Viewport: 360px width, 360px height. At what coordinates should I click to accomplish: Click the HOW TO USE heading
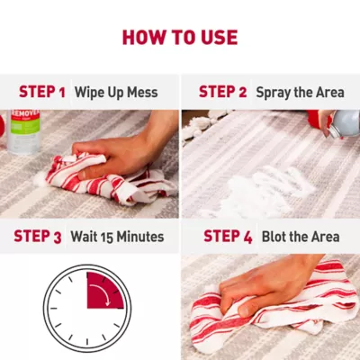pyautogui.click(x=180, y=38)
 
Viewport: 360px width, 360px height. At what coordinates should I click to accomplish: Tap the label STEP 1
pyautogui.click(x=42, y=92)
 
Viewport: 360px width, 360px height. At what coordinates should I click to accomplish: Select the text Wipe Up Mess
pyautogui.click(x=116, y=93)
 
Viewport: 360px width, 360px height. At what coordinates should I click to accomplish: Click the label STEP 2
pyautogui.click(x=222, y=92)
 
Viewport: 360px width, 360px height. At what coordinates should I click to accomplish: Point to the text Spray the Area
pyautogui.click(x=300, y=93)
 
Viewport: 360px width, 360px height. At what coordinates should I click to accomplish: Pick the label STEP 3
pyautogui.click(x=38, y=237)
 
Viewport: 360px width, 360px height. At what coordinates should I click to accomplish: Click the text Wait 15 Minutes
pyautogui.click(x=117, y=237)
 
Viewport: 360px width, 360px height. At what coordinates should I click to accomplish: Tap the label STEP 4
pyautogui.click(x=228, y=237)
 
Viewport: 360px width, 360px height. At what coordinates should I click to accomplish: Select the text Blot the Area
pyautogui.click(x=301, y=237)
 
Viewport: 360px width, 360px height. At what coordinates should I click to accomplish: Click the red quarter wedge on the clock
pyautogui.click(x=103, y=291)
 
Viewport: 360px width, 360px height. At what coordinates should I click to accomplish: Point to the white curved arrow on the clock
pyautogui.click(x=102, y=294)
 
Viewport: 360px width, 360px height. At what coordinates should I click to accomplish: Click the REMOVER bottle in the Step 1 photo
pyautogui.click(x=24, y=132)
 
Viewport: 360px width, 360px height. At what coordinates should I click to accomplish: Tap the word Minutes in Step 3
pyautogui.click(x=140, y=237)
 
